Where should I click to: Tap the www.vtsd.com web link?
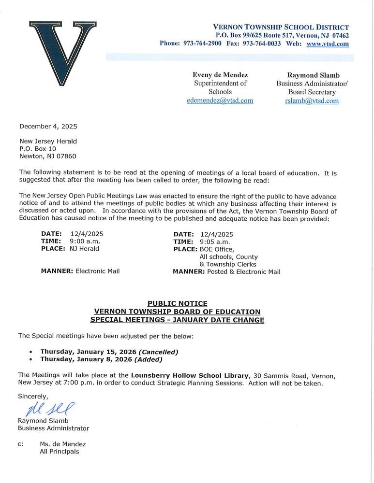point(328,43)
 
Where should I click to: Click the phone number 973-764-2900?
point(202,43)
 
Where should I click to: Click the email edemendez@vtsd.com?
point(220,100)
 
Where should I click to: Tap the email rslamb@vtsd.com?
point(312,100)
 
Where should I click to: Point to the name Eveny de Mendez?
point(220,75)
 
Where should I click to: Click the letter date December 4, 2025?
point(48,127)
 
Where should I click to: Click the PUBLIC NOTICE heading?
point(178,304)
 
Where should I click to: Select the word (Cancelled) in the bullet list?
point(158,352)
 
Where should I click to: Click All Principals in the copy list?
point(59,452)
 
